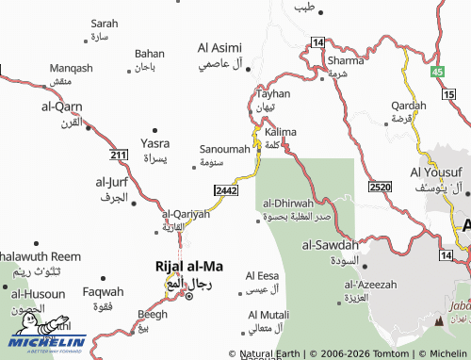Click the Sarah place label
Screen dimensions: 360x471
(104, 24)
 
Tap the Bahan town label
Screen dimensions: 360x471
(149, 54)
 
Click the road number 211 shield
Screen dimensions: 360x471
(118, 155)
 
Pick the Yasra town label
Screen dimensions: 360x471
(155, 143)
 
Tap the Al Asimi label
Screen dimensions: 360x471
(219, 47)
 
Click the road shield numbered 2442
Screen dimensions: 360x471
(225, 190)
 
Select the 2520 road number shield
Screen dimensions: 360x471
(381, 188)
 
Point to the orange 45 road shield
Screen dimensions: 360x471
(436, 72)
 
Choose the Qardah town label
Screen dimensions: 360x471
(408, 105)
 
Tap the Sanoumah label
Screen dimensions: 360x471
(225, 149)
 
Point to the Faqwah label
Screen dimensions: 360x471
(103, 291)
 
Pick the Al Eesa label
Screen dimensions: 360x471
(263, 276)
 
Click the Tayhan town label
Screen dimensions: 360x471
(273, 94)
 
